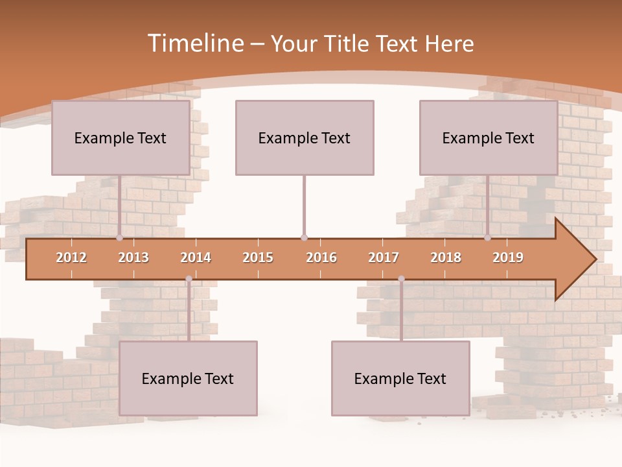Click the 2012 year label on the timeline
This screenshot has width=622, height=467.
click(x=71, y=257)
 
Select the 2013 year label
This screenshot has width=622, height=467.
click(x=133, y=257)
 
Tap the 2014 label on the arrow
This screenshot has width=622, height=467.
click(x=196, y=257)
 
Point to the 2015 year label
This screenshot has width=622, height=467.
click(x=258, y=257)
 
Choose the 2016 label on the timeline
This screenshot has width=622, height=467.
click(x=321, y=257)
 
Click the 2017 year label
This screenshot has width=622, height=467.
click(x=384, y=257)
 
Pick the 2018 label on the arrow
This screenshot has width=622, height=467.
click(x=446, y=257)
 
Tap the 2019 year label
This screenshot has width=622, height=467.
click(x=508, y=257)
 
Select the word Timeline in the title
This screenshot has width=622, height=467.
click(x=195, y=43)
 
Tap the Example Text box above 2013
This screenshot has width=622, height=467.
click(x=121, y=138)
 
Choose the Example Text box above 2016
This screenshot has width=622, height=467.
click(x=305, y=138)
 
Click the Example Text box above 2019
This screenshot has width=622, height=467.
click(x=489, y=138)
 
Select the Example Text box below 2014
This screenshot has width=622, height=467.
click(x=188, y=378)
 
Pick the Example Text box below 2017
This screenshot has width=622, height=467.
click(x=400, y=378)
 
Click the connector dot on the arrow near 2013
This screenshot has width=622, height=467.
click(x=120, y=237)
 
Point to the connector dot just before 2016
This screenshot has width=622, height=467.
click(x=304, y=237)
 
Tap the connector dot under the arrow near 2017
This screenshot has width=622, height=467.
click(x=401, y=279)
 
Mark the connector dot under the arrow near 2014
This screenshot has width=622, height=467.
click(x=189, y=279)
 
